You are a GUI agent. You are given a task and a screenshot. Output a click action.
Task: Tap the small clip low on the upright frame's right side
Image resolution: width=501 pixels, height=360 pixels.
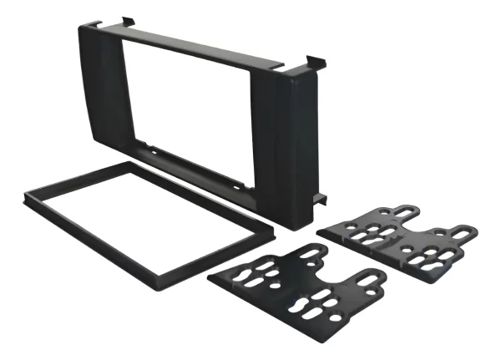[319, 198]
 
